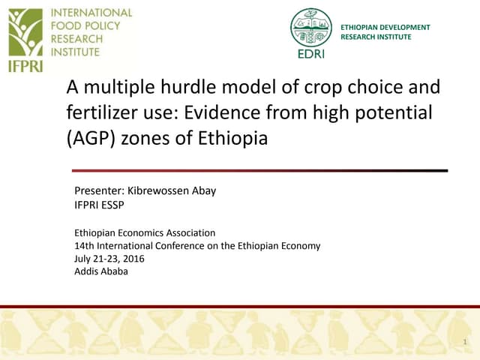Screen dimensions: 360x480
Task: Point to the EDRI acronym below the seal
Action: coord(310,53)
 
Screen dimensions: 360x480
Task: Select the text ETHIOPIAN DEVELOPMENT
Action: coord(385,28)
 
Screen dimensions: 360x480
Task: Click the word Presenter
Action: coord(98,190)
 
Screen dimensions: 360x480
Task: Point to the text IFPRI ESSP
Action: coord(99,204)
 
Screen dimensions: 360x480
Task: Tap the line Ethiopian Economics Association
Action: coord(145,232)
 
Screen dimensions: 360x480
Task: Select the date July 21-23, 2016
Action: coord(109,258)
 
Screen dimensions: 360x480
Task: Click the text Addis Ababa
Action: coord(101,271)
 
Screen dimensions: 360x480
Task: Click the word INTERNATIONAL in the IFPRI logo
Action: coord(91,13)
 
